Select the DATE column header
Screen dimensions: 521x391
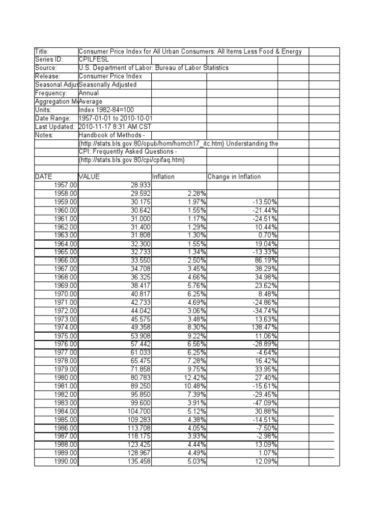click(44, 177)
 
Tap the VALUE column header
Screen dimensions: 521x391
click(90, 177)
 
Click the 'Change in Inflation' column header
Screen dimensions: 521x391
click(234, 177)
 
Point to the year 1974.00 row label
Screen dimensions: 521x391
click(66, 327)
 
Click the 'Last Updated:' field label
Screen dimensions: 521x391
click(54, 127)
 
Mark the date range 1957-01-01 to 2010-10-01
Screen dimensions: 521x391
click(116, 118)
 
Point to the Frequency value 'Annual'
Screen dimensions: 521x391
click(90, 93)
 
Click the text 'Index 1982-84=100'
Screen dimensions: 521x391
click(107, 110)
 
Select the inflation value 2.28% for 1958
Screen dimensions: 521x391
click(195, 193)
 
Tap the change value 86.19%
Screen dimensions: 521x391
click(265, 260)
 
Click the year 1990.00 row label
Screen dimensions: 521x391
click(66, 461)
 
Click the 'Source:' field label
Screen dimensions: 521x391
click(46, 68)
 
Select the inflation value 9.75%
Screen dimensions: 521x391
click(195, 369)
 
